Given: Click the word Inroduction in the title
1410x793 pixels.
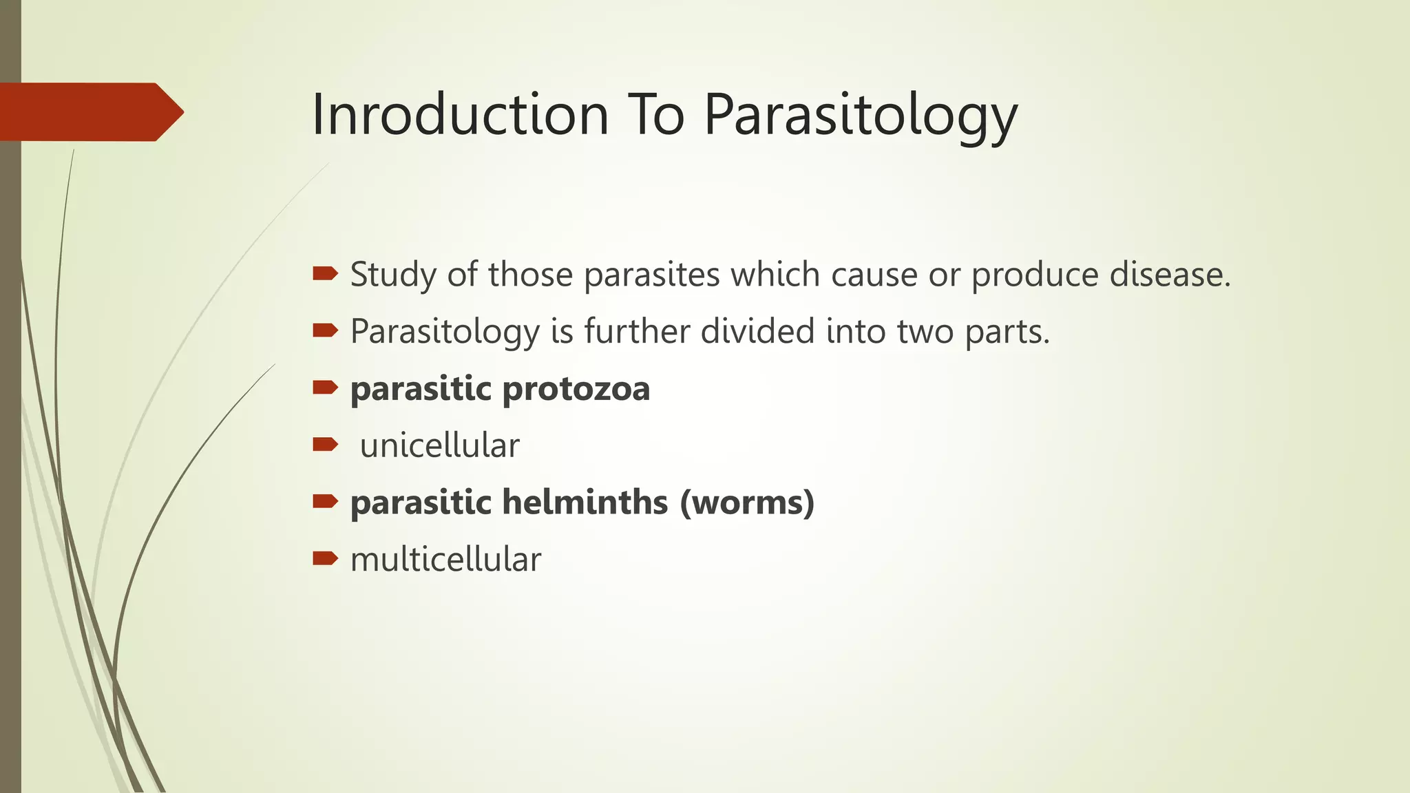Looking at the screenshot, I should click(460, 114).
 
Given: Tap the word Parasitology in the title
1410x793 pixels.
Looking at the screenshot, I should click(860, 116).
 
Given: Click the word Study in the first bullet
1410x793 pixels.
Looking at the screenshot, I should click(393, 275).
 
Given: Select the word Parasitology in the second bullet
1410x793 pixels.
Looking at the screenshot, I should click(445, 332).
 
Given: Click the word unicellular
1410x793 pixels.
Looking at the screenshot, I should click(439, 445).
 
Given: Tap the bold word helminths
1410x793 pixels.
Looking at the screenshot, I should click(585, 502).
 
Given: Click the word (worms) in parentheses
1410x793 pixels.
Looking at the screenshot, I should click(747, 503).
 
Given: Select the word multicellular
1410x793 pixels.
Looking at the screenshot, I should click(445, 559).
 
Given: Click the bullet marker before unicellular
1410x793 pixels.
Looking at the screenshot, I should click(325, 444).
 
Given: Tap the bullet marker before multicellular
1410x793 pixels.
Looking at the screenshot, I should click(325, 558).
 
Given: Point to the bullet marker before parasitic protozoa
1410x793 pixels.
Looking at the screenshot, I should click(325, 388).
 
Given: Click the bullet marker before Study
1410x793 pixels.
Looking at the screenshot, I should click(325, 274).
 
